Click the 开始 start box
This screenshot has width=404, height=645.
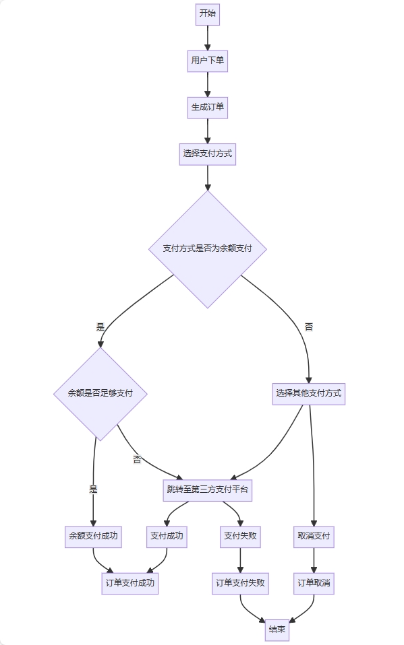click(x=207, y=14)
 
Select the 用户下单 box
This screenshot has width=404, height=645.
click(x=207, y=61)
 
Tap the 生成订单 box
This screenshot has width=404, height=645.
click(x=207, y=108)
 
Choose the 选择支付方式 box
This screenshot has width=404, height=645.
click(x=207, y=154)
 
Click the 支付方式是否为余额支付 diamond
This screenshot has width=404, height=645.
click(x=207, y=249)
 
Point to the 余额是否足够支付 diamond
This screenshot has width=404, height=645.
click(x=100, y=394)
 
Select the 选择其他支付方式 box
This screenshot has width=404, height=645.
click(x=309, y=394)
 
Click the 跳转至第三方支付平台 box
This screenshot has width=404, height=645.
click(x=207, y=490)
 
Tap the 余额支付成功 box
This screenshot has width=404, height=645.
click(x=93, y=537)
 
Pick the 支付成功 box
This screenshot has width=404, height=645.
click(x=167, y=537)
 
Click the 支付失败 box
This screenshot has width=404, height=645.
click(x=240, y=537)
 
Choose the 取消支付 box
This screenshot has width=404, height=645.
click(x=314, y=537)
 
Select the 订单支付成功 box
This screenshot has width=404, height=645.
click(x=130, y=584)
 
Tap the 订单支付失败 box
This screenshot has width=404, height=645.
click(x=240, y=584)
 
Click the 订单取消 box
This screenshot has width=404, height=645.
click(x=314, y=584)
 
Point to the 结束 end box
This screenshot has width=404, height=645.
click(x=277, y=630)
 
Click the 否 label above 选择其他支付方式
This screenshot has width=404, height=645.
click(x=309, y=327)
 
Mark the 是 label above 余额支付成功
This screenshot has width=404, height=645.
click(x=93, y=489)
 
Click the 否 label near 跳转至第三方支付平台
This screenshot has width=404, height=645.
click(x=137, y=459)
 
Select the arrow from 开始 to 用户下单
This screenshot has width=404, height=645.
click(x=207, y=38)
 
